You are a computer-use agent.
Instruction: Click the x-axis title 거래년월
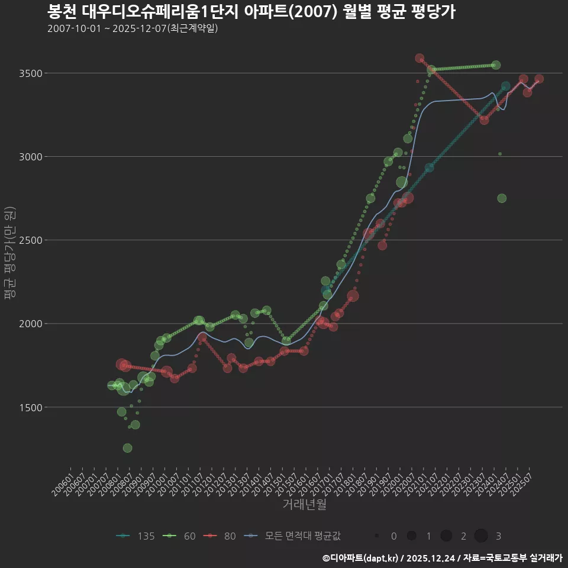click(x=304, y=505)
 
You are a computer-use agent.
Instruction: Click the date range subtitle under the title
click(x=133, y=28)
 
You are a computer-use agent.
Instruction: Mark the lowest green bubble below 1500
click(x=127, y=448)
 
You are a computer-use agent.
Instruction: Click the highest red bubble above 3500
click(x=419, y=59)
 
